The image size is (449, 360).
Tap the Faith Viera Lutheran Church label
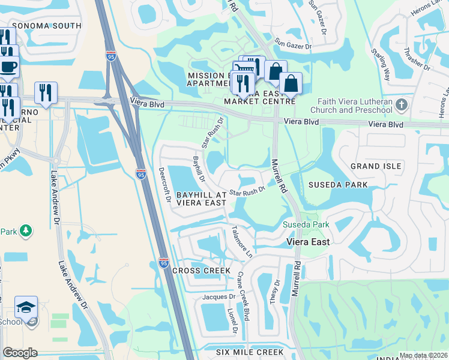pyautogui.click(x=351, y=106)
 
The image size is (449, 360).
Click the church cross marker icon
pyautogui.click(x=402, y=105)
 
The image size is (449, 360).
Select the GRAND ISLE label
pyautogui.click(x=376, y=166)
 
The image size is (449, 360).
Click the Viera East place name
pyautogui.click(x=309, y=242)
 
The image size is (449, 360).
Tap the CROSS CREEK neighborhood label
pyautogui.click(x=202, y=271)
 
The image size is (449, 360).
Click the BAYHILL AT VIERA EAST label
pyautogui.click(x=202, y=199)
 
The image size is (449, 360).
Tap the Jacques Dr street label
pyautogui.click(x=218, y=296)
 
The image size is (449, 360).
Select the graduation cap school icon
pyautogui.click(x=26, y=307)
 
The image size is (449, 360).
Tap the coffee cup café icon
pyautogui.click(x=8, y=66)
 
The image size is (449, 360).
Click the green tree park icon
pyautogui.click(x=25, y=230)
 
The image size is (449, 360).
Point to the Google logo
pyautogui.click(x=20, y=353)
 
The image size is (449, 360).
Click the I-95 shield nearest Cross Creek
pyautogui.click(x=163, y=262)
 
